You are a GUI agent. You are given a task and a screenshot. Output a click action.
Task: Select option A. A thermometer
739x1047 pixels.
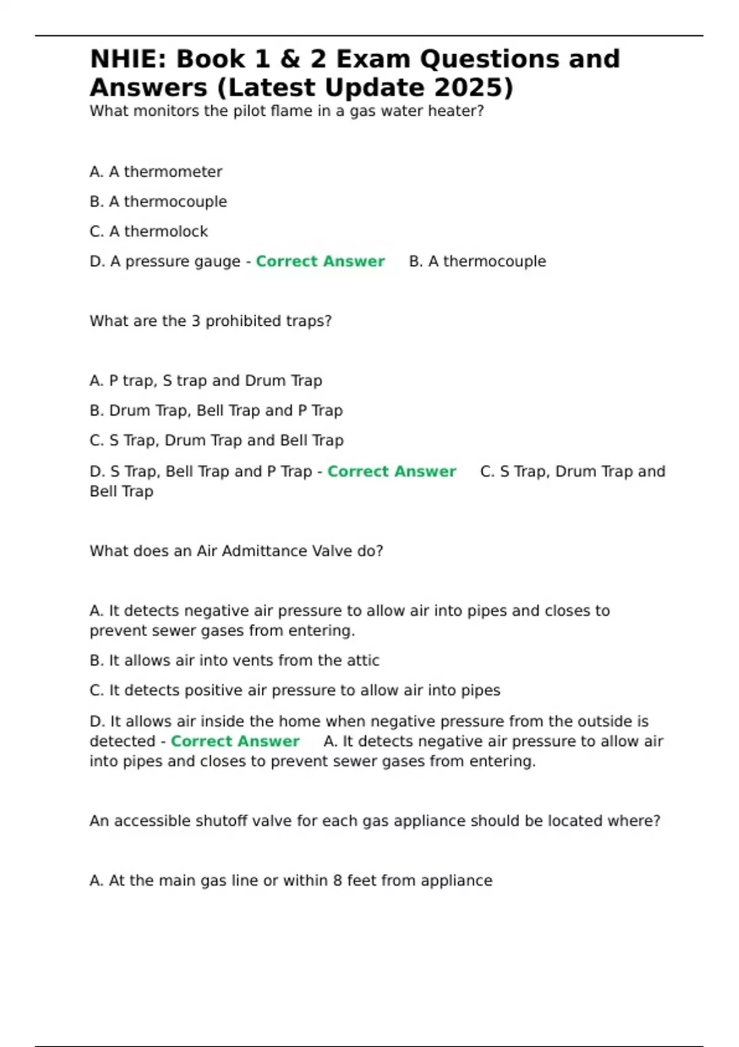tap(156, 172)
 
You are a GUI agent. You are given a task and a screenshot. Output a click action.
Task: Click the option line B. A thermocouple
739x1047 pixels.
tap(158, 201)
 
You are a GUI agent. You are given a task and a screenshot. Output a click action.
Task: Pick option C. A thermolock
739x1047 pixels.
tap(149, 232)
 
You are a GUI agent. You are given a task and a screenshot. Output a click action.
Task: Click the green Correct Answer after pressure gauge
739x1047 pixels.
tap(320, 261)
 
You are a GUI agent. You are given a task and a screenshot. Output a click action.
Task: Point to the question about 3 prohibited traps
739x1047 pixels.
tap(211, 321)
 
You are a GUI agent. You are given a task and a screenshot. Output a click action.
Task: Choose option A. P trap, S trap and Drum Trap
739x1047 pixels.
tap(206, 381)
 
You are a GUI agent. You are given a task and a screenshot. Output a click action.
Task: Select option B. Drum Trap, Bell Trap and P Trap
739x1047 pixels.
tap(216, 410)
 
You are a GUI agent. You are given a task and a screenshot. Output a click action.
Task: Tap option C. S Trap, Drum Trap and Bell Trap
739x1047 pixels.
tap(217, 440)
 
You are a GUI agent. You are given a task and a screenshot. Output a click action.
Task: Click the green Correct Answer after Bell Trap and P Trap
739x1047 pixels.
tap(392, 471)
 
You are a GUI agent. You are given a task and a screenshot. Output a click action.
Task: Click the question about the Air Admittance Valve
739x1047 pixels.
tap(236, 551)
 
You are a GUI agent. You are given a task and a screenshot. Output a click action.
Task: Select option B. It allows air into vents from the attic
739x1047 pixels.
tap(235, 660)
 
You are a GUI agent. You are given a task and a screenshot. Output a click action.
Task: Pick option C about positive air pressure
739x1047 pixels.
tap(295, 690)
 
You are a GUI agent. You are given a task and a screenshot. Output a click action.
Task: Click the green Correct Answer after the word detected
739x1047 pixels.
tap(235, 741)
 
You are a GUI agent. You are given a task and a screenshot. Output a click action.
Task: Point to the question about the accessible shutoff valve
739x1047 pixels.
tap(374, 821)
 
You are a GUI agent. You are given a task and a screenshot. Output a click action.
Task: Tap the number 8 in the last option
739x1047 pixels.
tap(337, 881)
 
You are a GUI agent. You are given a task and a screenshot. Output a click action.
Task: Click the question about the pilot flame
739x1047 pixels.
tap(287, 111)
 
